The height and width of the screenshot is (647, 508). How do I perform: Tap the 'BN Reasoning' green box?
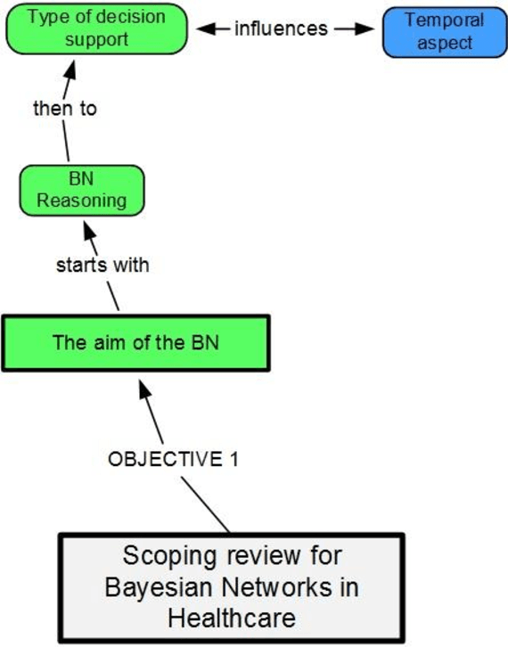point(81,190)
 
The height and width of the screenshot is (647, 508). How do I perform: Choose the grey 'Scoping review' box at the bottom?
point(232,588)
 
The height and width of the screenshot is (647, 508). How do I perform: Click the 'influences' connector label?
point(281,29)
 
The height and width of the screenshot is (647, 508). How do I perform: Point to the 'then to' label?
point(63,111)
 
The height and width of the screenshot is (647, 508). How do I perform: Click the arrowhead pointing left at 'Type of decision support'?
point(203,29)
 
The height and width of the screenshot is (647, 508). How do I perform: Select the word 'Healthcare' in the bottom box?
point(232,617)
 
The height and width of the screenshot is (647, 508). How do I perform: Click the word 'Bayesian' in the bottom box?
point(157,588)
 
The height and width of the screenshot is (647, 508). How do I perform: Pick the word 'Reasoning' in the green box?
point(81,200)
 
